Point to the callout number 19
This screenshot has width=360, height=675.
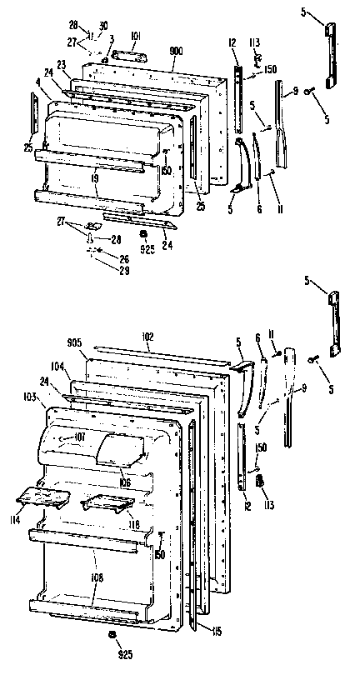click(97, 177)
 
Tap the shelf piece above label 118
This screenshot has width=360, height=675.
click(107, 503)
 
